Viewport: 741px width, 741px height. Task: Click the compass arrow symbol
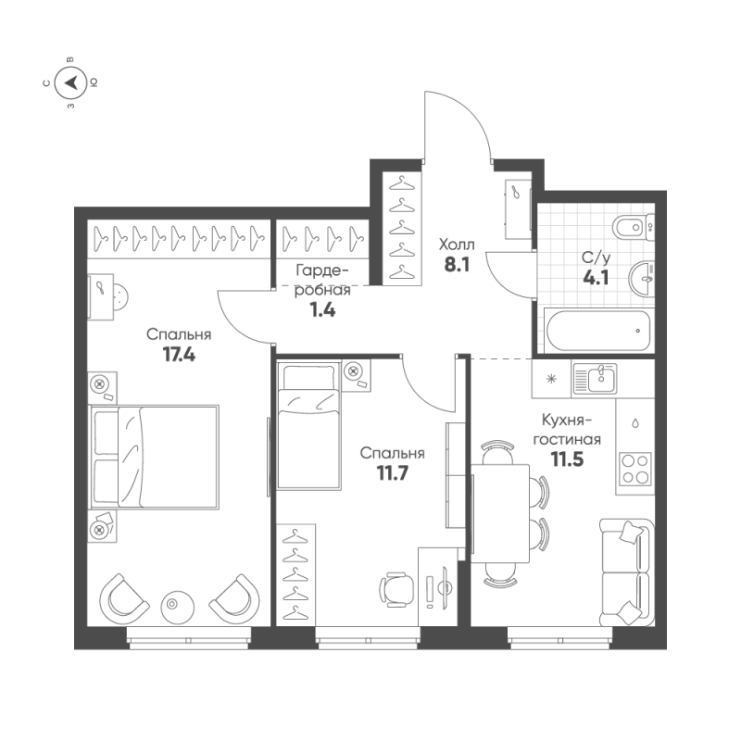pos(71,82)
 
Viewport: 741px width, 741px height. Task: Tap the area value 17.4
pos(179,353)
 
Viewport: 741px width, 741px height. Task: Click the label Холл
pos(456,245)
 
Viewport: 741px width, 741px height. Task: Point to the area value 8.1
pos(456,264)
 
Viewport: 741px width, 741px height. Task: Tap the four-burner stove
pos(635,468)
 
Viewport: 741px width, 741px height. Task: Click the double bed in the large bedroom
pos(154,457)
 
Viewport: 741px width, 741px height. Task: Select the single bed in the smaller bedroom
pos(309,426)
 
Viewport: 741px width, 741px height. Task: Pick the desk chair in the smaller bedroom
pos(396,588)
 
